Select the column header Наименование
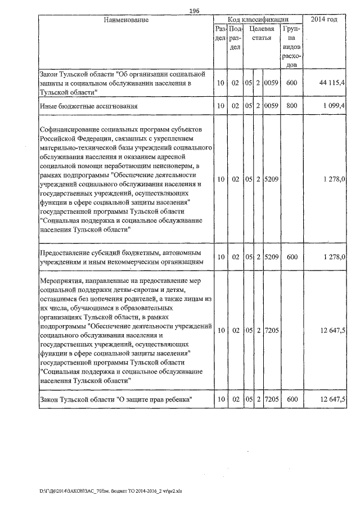(x=126, y=20)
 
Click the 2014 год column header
(x=328, y=20)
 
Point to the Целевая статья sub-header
(x=261, y=33)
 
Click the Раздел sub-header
(x=220, y=33)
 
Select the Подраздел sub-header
(x=236, y=38)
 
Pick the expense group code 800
(x=291, y=105)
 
